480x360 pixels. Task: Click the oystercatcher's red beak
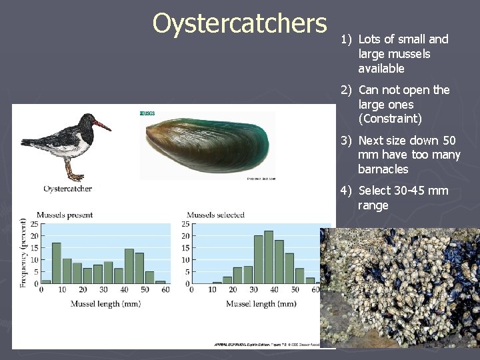pos(102,125)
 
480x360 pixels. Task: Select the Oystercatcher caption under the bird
pos(67,189)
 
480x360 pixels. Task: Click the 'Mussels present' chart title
pos(65,215)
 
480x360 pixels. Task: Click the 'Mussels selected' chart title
pos(215,215)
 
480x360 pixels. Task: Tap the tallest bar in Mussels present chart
pos(57,263)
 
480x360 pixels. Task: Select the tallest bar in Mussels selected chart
pos(269,257)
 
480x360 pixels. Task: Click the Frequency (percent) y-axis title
pos(24,253)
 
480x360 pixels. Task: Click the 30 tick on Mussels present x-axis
pos(103,289)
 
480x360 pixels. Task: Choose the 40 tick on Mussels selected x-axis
pos(274,289)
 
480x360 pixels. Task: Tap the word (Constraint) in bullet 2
pos(390,119)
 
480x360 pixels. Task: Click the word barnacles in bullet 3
pos(383,169)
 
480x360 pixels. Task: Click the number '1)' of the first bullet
pos(346,39)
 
